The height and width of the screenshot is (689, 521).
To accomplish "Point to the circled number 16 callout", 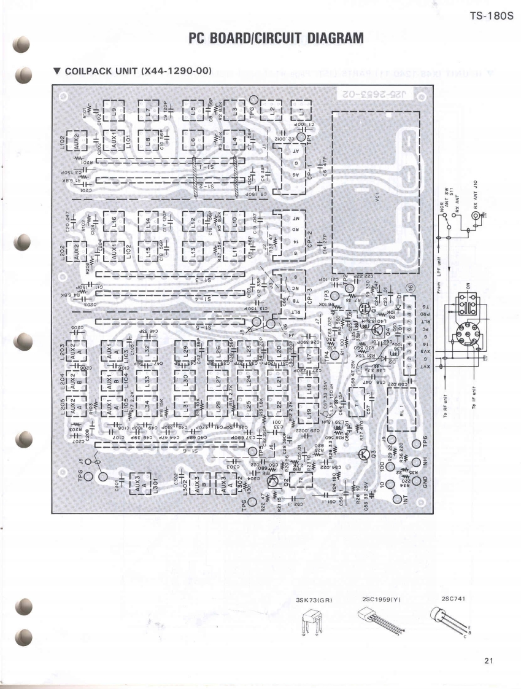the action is pyautogui.click(x=411, y=286).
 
